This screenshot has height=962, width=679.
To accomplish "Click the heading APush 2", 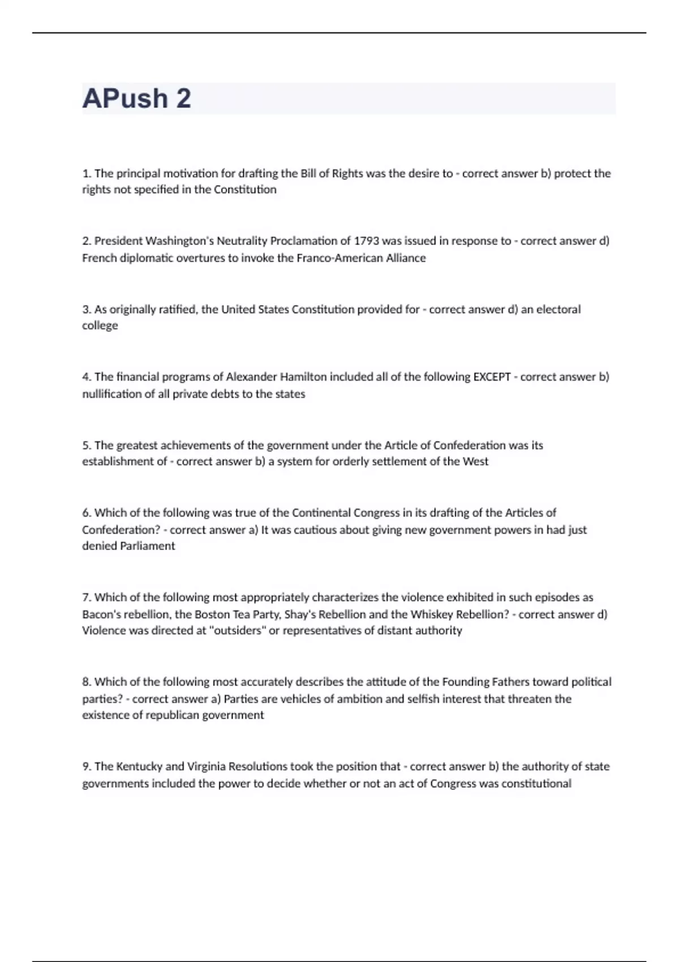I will point(137,98).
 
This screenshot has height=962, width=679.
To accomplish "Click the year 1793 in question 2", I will point(366,241).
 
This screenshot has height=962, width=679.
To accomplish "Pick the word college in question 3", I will point(100,325).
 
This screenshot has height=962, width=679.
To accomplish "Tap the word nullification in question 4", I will point(111,394).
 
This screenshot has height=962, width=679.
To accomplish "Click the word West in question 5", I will point(475,461).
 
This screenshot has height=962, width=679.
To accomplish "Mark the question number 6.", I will point(87,513).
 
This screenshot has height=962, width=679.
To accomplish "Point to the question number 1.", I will point(87,174).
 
